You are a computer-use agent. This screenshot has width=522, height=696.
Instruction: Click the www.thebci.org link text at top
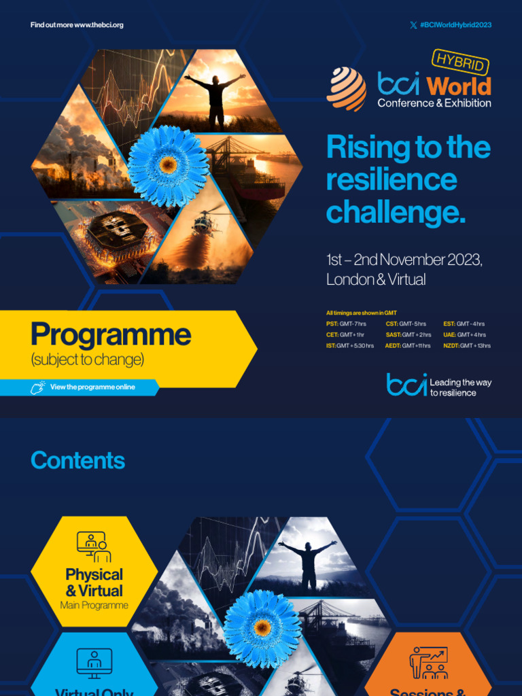[99, 25]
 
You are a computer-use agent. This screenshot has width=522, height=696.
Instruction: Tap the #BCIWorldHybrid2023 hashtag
[455, 25]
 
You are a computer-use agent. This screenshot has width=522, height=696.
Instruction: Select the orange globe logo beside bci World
[346, 89]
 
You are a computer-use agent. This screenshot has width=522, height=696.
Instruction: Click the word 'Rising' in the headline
[364, 147]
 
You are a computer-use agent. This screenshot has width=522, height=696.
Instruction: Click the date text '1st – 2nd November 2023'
[404, 260]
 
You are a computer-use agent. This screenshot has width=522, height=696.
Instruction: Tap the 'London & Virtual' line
[376, 279]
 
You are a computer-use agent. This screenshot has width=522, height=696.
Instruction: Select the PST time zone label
[332, 324]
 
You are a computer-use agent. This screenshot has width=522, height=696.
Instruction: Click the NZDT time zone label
[451, 346]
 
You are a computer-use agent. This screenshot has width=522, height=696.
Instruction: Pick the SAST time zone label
[393, 335]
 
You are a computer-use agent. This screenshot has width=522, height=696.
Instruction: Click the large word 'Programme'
[111, 334]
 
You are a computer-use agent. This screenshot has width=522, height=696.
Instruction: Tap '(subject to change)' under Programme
[88, 360]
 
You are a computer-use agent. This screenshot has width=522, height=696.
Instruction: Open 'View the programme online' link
[92, 387]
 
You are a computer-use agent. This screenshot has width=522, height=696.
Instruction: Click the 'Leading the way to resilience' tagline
[460, 387]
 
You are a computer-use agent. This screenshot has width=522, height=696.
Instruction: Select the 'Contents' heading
[77, 461]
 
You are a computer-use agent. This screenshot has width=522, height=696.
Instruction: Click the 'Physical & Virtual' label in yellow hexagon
[94, 583]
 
